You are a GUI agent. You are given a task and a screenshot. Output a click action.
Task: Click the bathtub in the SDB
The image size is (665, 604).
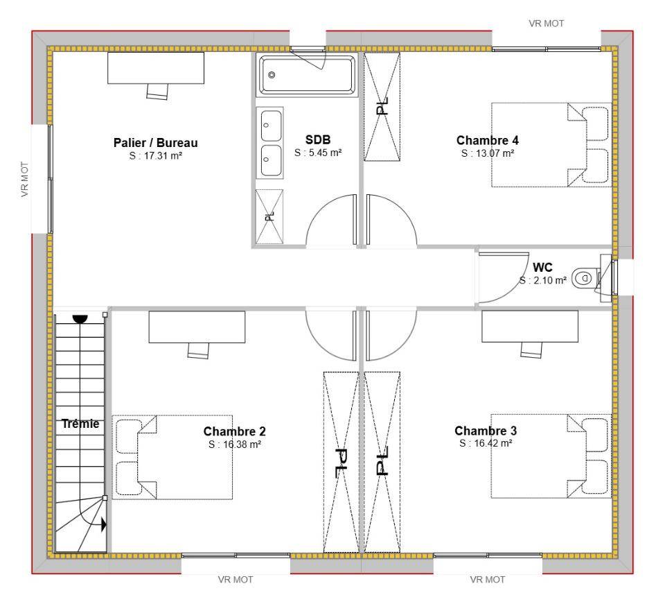(x=308, y=75)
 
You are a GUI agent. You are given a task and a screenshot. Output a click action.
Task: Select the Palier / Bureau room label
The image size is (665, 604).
(x=156, y=143)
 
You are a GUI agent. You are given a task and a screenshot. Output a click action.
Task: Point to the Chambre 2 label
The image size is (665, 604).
(x=235, y=431)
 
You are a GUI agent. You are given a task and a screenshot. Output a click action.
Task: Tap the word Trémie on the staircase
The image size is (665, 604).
(x=80, y=424)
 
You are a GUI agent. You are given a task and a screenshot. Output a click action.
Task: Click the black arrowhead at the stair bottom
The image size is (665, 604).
(x=103, y=525)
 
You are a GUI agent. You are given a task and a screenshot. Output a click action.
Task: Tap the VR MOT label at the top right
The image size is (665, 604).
(x=547, y=24)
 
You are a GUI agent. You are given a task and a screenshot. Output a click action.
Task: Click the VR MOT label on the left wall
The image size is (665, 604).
(x=25, y=179)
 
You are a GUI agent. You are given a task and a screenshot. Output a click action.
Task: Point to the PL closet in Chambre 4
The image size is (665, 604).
(x=382, y=107)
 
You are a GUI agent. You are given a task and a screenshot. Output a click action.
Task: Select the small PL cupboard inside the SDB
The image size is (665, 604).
(x=269, y=216)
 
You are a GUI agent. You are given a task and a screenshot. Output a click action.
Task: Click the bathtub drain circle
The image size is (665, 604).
(x=272, y=75)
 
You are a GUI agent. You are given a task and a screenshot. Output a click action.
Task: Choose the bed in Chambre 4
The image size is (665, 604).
(x=551, y=145)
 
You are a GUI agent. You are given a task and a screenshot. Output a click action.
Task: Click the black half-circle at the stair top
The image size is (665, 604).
(x=80, y=319)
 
